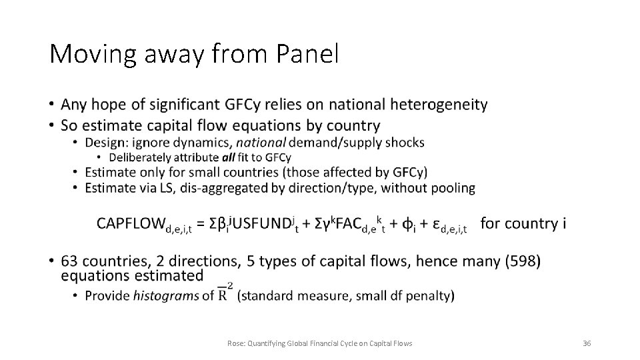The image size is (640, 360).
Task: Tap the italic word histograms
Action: [x=166, y=296]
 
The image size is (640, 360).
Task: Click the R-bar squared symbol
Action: [x=225, y=294]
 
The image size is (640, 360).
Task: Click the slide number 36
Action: [x=587, y=343]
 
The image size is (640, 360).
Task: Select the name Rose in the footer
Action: [x=235, y=343]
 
